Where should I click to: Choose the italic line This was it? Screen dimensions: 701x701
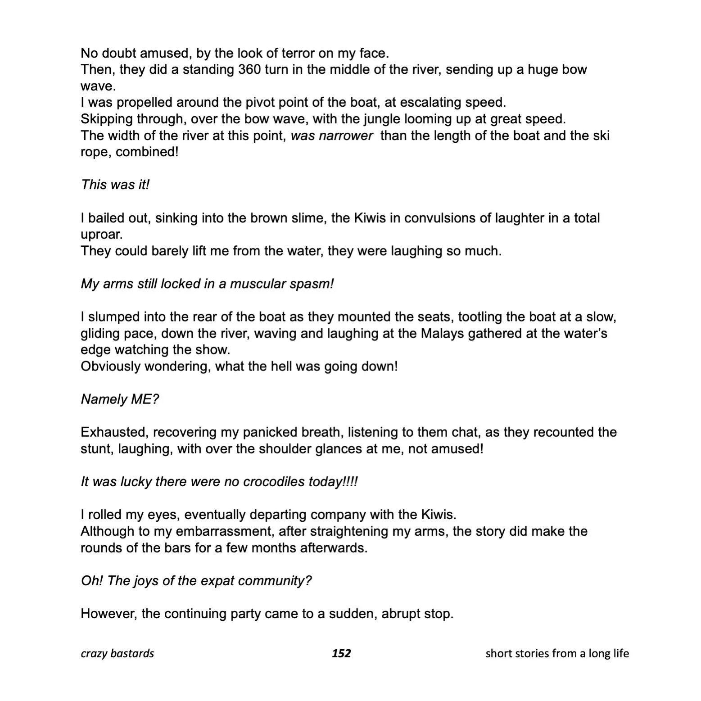[x=115, y=185]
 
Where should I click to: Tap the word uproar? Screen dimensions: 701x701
[x=101, y=235]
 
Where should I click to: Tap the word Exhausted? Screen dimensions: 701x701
[x=114, y=432]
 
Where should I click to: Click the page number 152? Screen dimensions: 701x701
[x=341, y=653]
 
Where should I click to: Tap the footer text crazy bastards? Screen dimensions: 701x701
[x=117, y=653]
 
